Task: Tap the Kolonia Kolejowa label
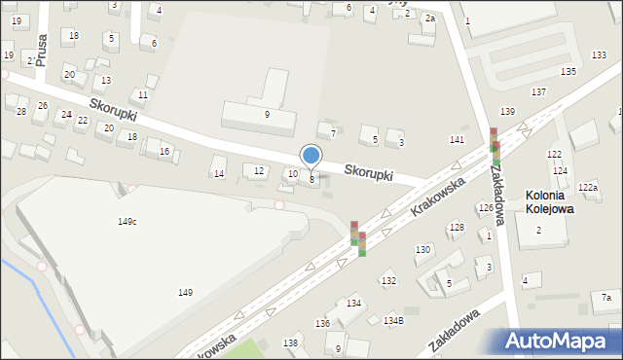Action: point(549,201)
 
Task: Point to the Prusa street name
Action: point(41,46)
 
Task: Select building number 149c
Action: point(127,222)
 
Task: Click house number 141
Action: point(457,140)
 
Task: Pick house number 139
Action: point(507,113)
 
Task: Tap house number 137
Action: point(538,91)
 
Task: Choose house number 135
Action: point(568,71)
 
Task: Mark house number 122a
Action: point(587,187)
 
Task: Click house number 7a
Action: point(605,297)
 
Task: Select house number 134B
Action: point(393,320)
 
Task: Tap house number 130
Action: point(422,250)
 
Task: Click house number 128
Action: point(456,227)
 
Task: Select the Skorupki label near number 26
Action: point(113,115)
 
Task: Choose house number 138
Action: point(291,342)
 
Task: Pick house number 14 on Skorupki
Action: point(219,174)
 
